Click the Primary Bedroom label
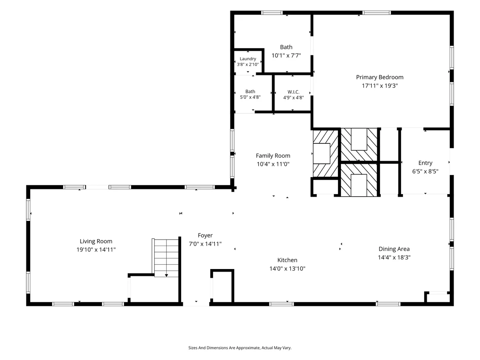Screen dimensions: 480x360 point(379,77)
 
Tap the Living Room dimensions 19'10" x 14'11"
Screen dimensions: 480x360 point(96,250)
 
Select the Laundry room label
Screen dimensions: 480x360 point(248,59)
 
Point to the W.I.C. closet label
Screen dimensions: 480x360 point(293,92)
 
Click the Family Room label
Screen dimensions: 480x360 point(273,156)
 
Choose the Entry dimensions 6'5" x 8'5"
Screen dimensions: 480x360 point(425,172)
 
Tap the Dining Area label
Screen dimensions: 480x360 point(394,249)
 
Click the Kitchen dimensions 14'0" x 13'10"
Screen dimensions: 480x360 point(287,269)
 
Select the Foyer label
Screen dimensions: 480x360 point(205,235)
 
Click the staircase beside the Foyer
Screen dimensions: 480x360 point(165,258)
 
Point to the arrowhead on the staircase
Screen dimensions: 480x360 point(166,276)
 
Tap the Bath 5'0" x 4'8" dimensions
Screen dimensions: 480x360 point(250,97)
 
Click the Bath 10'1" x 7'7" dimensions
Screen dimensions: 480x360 point(286,56)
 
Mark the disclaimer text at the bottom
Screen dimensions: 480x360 point(240,348)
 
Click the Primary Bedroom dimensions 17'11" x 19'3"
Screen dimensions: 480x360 point(379,86)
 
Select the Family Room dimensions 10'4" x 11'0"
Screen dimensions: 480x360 point(273,164)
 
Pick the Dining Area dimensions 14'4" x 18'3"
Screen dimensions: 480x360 point(394,258)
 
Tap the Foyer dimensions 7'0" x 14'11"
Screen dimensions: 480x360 point(205,244)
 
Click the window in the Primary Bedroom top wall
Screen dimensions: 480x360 point(376,13)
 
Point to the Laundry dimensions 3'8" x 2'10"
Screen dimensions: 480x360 point(248,65)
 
